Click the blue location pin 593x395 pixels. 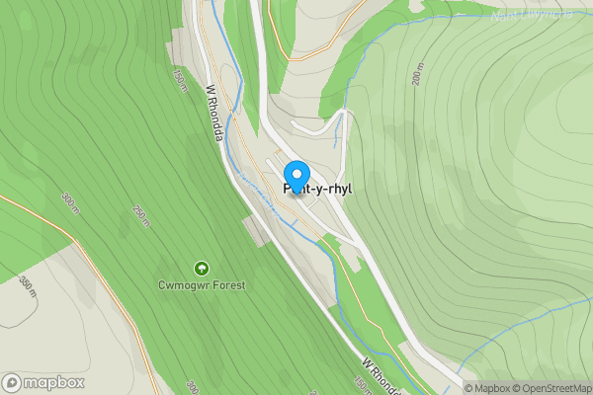point(296,176)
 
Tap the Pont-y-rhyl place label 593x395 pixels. point(318,189)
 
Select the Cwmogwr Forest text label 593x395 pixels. point(202,285)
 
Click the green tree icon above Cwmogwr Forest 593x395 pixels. point(202,268)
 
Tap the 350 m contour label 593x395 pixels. point(26,287)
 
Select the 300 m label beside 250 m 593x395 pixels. point(69,203)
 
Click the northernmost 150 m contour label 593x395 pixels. point(180,80)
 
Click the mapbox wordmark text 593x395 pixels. point(53,382)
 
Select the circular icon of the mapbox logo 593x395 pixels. point(12,382)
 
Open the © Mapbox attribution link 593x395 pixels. point(488,388)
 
